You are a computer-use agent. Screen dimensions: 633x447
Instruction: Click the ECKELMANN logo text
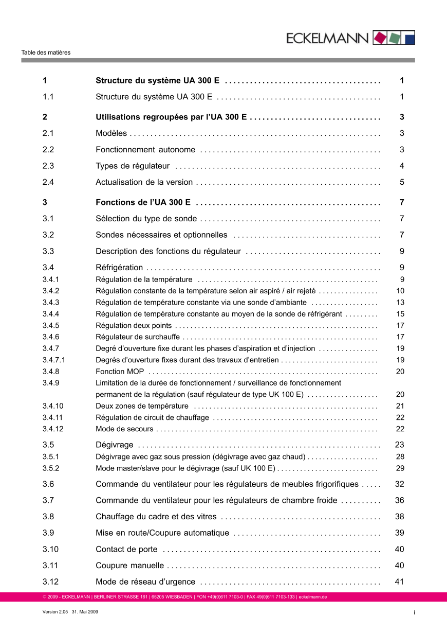point(328,38)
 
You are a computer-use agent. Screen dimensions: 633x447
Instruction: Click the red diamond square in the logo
point(379,38)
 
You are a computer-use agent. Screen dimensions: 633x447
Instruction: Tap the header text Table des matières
point(46,52)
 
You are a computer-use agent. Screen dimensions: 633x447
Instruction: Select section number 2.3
point(49,166)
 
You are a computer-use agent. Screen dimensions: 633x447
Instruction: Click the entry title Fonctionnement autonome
point(145,150)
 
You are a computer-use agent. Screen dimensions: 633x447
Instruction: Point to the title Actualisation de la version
point(144,182)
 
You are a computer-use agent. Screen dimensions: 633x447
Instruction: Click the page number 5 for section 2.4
point(402,182)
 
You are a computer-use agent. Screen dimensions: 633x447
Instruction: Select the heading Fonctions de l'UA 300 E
point(143,202)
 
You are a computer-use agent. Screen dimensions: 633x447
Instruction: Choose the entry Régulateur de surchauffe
point(138,337)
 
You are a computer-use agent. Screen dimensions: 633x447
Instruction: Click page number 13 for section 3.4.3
point(400,303)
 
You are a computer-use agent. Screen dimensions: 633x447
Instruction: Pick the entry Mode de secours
point(124,429)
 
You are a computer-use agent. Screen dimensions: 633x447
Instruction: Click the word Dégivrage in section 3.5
point(115,445)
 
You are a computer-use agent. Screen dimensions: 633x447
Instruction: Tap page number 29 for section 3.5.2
point(400,468)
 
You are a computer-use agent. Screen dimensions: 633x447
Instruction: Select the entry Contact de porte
point(126,549)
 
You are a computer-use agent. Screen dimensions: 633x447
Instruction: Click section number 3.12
point(51,582)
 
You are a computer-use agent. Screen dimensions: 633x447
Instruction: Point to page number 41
point(400,582)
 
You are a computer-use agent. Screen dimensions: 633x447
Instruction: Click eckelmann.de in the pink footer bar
point(313,597)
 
